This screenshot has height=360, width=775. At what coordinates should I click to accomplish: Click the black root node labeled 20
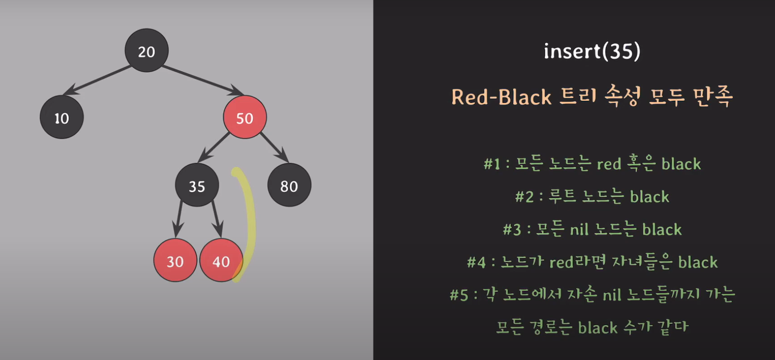[x=146, y=50]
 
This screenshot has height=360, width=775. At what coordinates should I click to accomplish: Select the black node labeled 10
[x=62, y=117]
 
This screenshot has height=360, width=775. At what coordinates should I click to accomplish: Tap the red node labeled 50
[x=245, y=117]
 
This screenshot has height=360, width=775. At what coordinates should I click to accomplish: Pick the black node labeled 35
[x=197, y=185]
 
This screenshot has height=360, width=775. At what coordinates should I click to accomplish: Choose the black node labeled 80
[x=289, y=185]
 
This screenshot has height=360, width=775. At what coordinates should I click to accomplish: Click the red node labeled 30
[x=175, y=260]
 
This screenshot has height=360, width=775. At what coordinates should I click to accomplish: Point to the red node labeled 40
[x=221, y=260]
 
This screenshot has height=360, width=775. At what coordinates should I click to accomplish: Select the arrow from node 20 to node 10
[x=97, y=80]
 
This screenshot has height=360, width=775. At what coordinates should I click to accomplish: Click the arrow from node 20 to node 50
[x=203, y=80]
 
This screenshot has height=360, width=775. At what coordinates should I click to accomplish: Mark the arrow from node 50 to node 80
[x=274, y=147]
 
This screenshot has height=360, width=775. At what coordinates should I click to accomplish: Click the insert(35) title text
[x=592, y=51]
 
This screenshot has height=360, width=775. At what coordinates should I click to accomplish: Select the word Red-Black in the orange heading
[x=501, y=97]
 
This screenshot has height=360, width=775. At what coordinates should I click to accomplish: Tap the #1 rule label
[x=492, y=164]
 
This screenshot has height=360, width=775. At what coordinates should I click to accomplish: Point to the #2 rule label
[x=524, y=197]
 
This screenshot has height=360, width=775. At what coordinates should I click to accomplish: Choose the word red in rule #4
[x=562, y=262]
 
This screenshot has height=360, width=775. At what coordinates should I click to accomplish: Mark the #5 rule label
[x=458, y=295]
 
